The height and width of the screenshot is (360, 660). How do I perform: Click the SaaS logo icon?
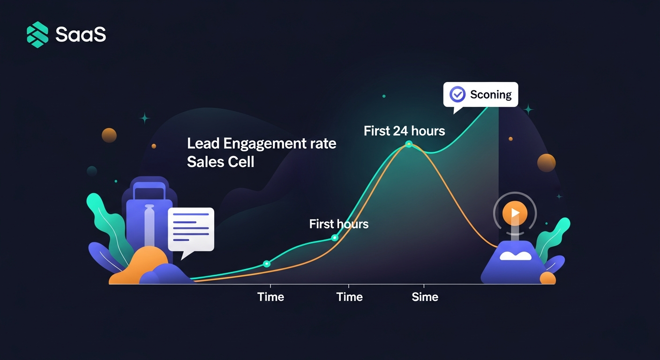click(37, 35)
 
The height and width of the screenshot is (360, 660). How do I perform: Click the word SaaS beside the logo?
click(81, 35)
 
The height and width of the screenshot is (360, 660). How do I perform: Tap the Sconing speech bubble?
click(480, 95)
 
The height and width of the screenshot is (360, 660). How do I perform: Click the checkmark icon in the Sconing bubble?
click(457, 94)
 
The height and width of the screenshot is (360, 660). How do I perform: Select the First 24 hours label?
click(404, 131)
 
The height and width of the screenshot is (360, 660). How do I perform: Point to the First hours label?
click(338, 224)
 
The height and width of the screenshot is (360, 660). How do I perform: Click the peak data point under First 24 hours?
click(408, 144)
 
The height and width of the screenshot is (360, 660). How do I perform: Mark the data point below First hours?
click(335, 238)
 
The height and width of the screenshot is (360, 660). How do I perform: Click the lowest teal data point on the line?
click(267, 263)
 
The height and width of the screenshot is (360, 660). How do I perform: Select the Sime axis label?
click(425, 297)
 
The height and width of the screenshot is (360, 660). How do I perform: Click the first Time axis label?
click(270, 297)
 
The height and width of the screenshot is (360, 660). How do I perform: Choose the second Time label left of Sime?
click(349, 297)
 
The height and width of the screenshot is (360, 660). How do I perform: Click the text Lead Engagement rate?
click(262, 143)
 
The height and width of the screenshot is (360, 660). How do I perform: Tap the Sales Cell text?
click(220, 162)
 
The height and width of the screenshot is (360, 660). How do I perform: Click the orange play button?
click(515, 213)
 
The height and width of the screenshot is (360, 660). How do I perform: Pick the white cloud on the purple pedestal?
click(516, 255)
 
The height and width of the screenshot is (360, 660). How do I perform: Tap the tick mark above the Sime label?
click(424, 286)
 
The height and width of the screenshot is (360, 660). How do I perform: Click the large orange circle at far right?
click(546, 163)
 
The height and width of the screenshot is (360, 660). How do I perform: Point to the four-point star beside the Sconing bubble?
click(528, 110)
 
